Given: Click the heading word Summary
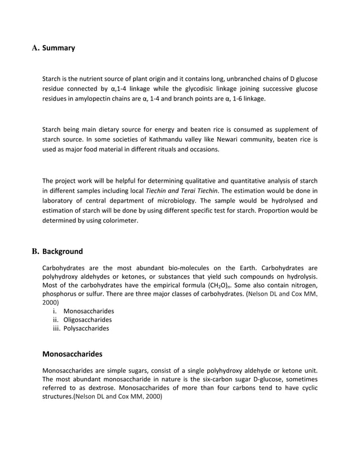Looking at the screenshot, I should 59,49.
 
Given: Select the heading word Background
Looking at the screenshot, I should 63,252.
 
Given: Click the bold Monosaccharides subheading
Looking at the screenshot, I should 72,355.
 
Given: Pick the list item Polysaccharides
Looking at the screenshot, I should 86,328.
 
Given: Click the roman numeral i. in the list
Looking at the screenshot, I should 54,311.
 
